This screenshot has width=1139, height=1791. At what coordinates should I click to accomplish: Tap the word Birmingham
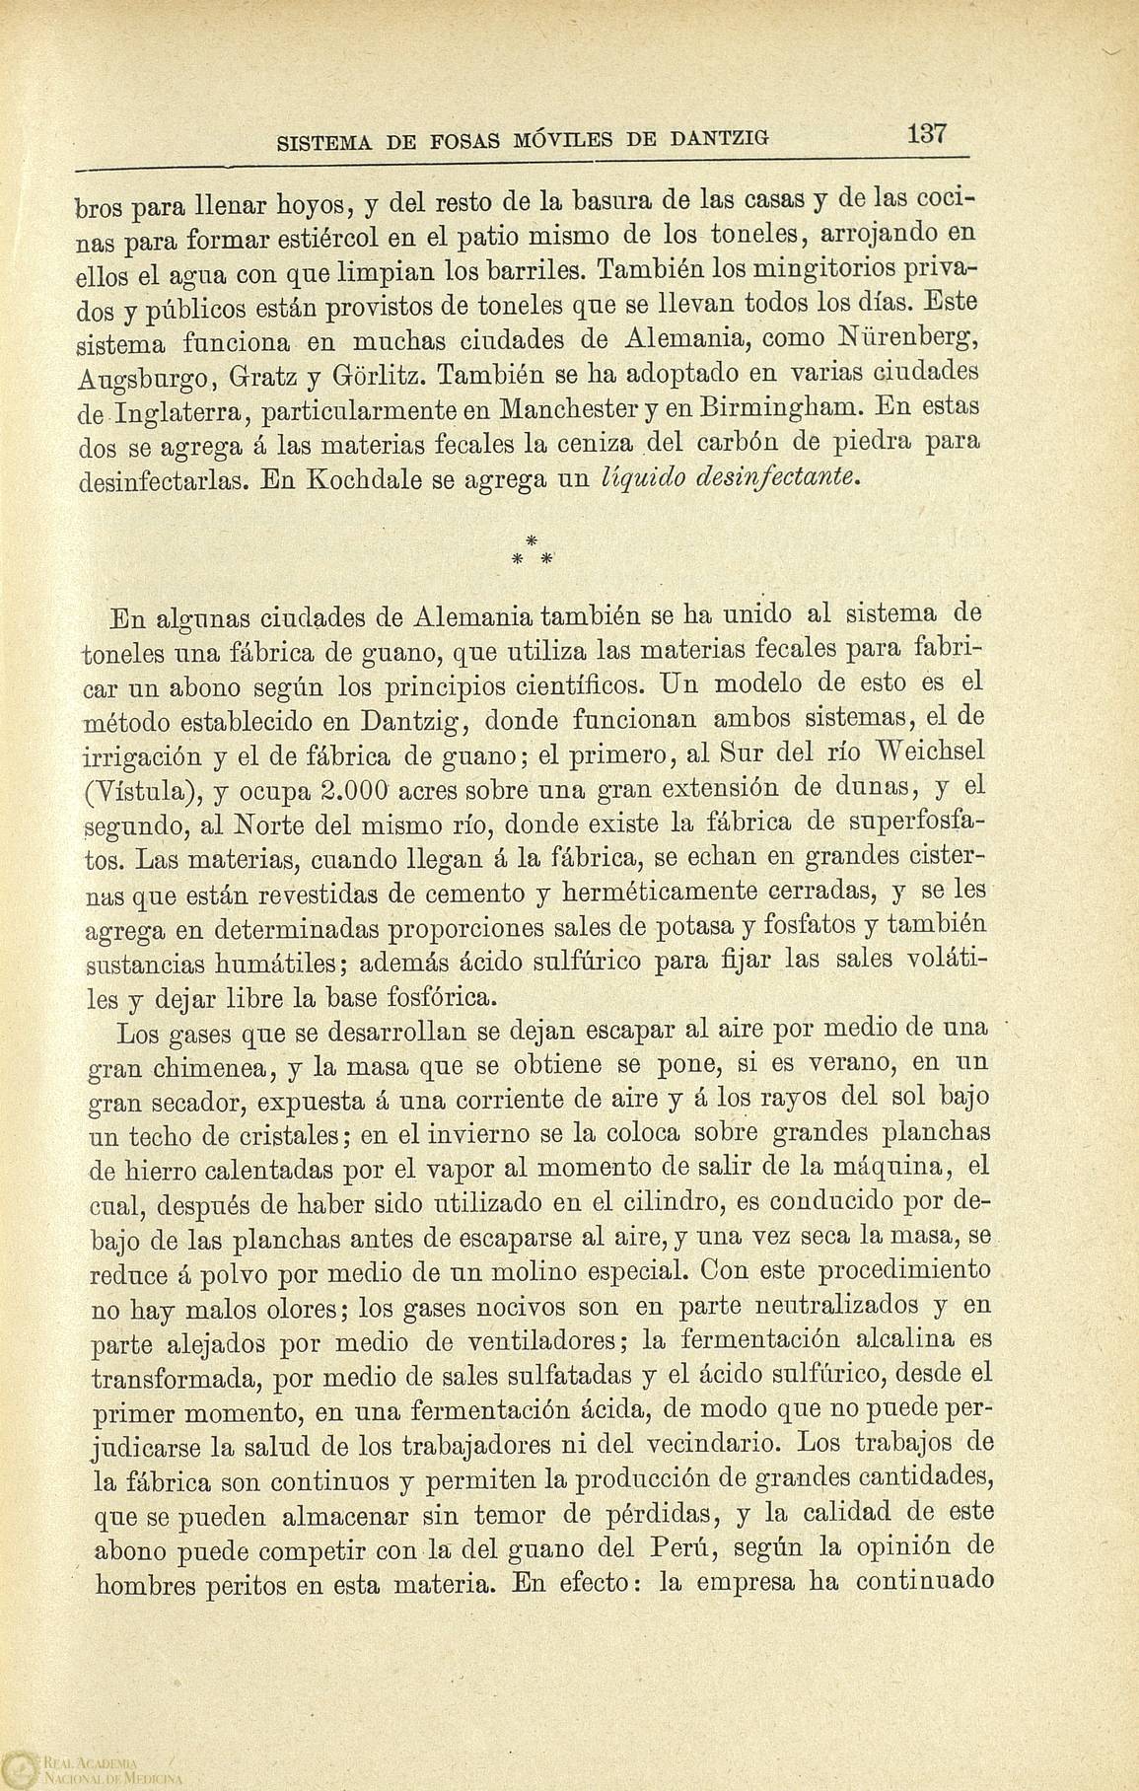click(x=755, y=407)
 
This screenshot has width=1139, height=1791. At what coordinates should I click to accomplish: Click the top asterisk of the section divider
click(x=531, y=539)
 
